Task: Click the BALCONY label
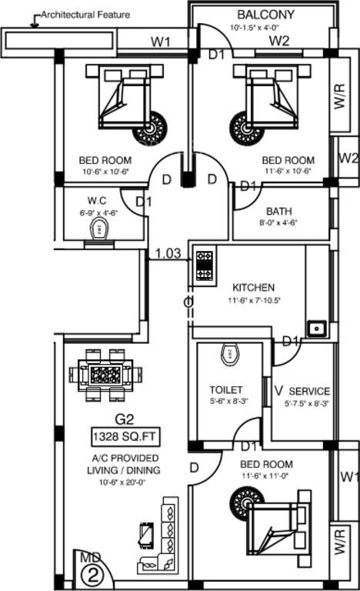tap(265, 15)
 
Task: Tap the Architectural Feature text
tap(85, 14)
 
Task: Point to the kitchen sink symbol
tap(316, 329)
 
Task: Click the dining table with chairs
tap(105, 375)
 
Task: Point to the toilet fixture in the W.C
tap(98, 229)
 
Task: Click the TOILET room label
tap(225, 390)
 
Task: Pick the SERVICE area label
tap(309, 391)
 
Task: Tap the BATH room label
tap(278, 211)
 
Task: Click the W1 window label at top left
tap(160, 42)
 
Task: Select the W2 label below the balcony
tap(278, 40)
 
